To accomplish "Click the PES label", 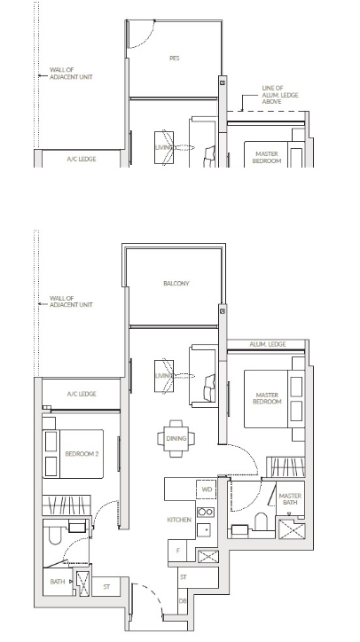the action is (x=175, y=59).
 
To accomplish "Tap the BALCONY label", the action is (x=176, y=284).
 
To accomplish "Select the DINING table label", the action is (x=176, y=439).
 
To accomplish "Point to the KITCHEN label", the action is (x=179, y=520).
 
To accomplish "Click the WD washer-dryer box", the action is (x=207, y=489).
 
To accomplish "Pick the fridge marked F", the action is (x=177, y=551).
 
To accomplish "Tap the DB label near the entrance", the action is (x=183, y=601).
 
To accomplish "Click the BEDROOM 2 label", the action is (x=82, y=454).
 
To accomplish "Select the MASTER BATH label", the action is (x=290, y=498).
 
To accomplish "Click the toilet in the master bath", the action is (x=261, y=521).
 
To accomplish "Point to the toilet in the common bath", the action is (x=55, y=536).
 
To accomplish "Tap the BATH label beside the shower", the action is (x=58, y=582).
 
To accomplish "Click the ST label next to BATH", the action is (x=106, y=587).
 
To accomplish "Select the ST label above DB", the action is (x=183, y=577).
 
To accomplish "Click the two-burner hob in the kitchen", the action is (x=206, y=513).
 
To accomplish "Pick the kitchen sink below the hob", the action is (x=204, y=529).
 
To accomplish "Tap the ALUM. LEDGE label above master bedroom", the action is (x=268, y=344).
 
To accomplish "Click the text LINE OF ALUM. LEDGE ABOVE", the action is (x=280, y=95).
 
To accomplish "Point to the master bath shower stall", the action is (x=292, y=529).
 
